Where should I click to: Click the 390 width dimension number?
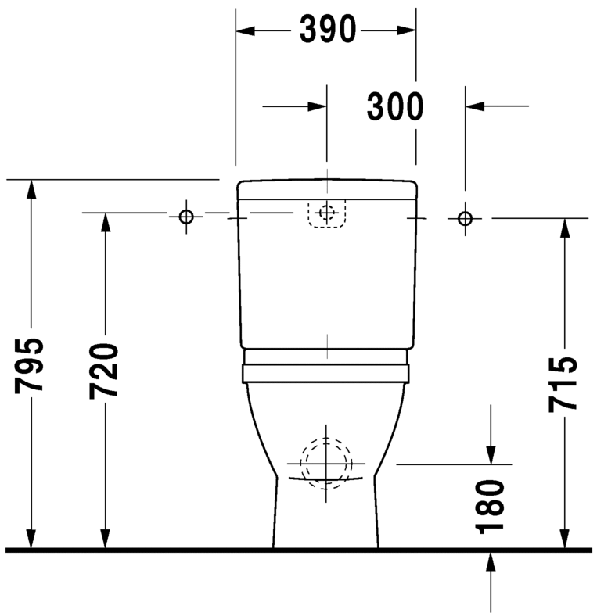[327, 30]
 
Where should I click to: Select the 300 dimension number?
[395, 107]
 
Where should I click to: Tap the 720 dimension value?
[103, 370]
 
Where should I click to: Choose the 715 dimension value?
[563, 383]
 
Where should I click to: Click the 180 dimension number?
[491, 507]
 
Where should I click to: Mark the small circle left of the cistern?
[186, 217]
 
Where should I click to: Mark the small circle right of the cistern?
[466, 217]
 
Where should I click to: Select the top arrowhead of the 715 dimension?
[563, 227]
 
